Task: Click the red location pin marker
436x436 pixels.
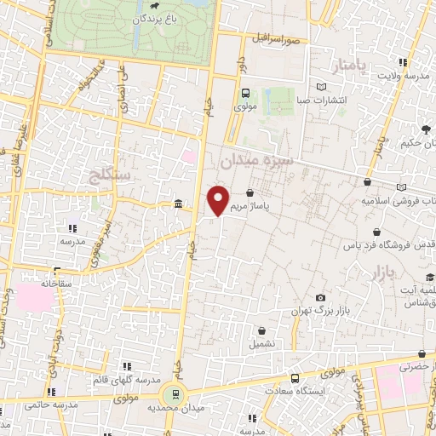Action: [x=219, y=199]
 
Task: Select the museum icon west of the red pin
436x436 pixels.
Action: [x=177, y=204]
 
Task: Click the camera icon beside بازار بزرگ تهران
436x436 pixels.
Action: [x=320, y=298]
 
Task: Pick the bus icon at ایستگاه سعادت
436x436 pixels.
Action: [x=295, y=377]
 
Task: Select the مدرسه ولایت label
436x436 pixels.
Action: [x=400, y=77]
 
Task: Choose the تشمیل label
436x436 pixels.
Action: [x=261, y=344]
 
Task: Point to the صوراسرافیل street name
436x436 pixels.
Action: [x=277, y=39]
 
